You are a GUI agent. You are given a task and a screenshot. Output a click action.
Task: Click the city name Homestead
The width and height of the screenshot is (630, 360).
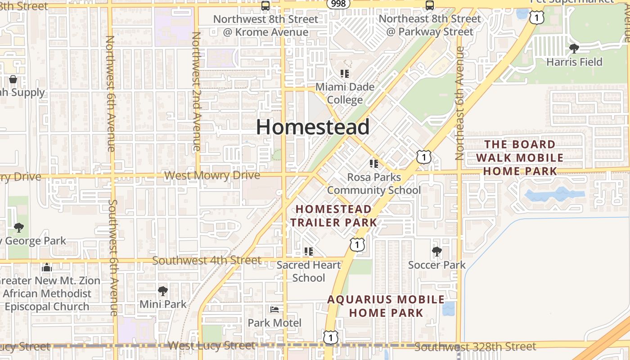[x=313, y=127]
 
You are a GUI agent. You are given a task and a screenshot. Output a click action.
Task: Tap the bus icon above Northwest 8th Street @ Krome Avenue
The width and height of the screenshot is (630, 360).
[x=265, y=6]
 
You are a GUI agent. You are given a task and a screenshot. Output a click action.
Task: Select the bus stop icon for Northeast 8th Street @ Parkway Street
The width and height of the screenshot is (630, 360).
[x=430, y=6]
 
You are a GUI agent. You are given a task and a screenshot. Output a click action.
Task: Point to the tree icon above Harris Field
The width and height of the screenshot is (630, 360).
[x=574, y=48]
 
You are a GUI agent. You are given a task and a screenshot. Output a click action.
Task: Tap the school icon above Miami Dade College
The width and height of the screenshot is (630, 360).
[x=345, y=73]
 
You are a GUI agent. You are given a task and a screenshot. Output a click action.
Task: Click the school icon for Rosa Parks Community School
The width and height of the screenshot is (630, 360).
[x=373, y=163]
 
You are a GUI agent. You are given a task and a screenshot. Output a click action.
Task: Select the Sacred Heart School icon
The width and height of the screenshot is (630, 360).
[x=308, y=252]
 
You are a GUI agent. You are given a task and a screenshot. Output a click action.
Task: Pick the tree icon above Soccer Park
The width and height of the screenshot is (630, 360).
[x=436, y=252]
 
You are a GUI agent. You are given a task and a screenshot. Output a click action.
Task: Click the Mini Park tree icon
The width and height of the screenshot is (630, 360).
[x=163, y=291]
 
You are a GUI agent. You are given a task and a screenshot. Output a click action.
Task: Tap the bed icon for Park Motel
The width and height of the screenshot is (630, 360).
[x=274, y=309]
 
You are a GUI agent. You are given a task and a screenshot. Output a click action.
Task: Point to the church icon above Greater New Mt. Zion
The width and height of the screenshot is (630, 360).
[x=47, y=268]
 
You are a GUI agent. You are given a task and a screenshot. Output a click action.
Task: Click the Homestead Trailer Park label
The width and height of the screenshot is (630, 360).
[x=333, y=216]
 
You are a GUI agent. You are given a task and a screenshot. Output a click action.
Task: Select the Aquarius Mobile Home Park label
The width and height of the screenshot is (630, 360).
[x=386, y=306]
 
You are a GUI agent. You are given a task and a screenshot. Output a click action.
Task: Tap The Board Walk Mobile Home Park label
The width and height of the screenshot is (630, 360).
[x=520, y=157]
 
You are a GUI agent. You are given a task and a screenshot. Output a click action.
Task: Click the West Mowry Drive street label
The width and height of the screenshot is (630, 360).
[x=212, y=175]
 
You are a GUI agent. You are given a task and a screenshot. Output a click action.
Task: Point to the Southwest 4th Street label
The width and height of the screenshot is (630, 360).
[x=207, y=261]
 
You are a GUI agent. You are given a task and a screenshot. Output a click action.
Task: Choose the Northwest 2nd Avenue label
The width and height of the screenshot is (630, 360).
[x=196, y=91]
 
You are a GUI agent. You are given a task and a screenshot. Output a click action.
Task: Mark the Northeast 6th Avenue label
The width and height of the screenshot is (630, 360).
[x=459, y=103]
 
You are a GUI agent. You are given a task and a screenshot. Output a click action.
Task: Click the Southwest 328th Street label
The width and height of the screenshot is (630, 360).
[x=475, y=347]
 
